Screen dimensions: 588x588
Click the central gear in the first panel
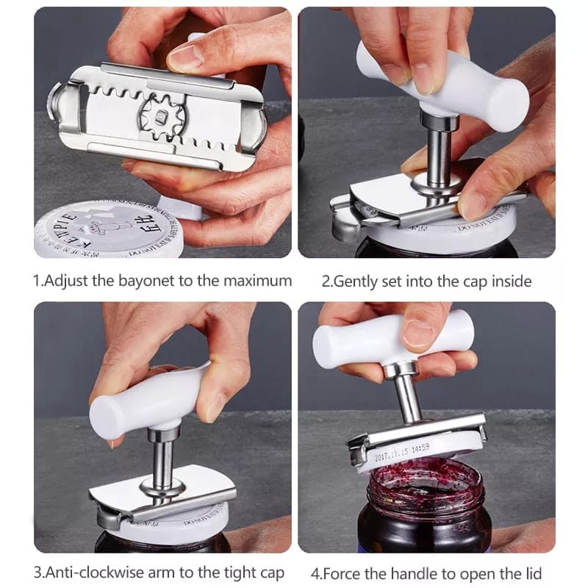click(158, 117)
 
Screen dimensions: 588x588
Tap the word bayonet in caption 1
click(153, 281)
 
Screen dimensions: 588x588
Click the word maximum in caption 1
click(255, 281)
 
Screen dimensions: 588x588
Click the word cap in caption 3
click(270, 572)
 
